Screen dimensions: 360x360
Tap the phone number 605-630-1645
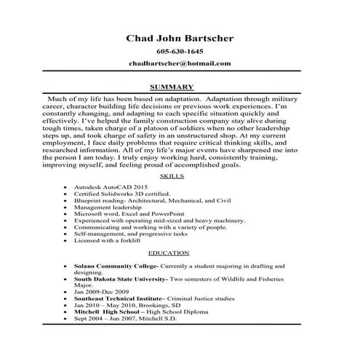[180, 52]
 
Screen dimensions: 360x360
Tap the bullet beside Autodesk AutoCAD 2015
[66, 188]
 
